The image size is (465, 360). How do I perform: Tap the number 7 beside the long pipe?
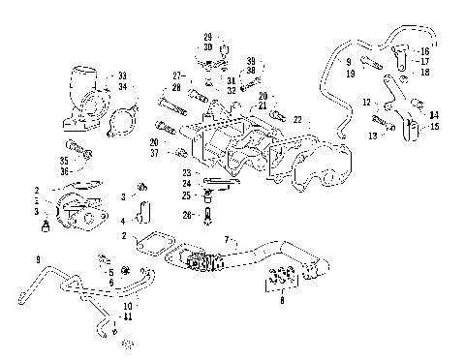227,238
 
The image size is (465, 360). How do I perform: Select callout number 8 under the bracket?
282,302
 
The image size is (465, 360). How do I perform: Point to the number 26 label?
187,214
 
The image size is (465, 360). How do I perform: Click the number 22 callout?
297,118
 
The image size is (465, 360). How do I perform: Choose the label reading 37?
181,153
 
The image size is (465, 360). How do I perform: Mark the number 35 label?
64,161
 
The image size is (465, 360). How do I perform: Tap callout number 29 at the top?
207,37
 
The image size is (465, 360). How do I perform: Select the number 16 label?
424,50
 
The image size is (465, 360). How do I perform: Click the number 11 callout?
127,316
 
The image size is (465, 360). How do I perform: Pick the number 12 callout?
365,102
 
